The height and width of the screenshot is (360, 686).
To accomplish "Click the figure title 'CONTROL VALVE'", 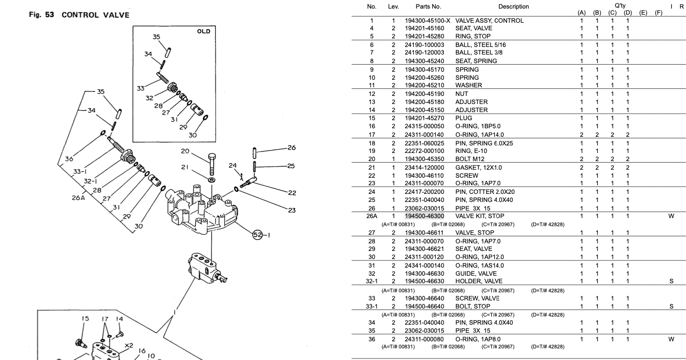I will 95,15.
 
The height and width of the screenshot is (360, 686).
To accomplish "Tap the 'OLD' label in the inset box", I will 203,31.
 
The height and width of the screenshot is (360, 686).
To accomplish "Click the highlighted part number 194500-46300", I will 425,216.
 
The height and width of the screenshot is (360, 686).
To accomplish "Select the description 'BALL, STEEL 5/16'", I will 480,45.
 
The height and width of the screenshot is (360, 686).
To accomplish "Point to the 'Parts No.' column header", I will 428,7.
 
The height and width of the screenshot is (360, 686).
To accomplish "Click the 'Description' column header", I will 513,7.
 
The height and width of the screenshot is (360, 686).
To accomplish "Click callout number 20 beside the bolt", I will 185,152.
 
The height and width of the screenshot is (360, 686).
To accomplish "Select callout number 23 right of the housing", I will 291,211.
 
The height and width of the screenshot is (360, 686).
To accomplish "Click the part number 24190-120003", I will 425,53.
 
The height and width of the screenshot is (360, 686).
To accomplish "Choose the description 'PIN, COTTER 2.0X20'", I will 485,192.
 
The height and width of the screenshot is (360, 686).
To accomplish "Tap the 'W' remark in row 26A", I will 671,216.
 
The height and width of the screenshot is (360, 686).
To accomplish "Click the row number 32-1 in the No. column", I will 372,281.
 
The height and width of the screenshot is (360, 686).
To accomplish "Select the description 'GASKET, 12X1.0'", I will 479,168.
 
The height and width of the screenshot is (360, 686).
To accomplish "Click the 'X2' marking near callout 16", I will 128,346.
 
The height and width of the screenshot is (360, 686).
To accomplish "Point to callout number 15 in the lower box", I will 85,319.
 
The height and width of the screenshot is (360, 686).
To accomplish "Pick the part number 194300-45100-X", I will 427,21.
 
